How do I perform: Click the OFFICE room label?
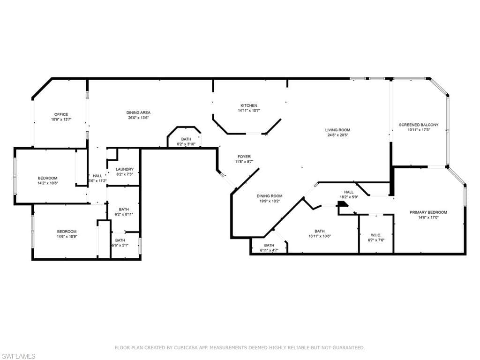(61, 114)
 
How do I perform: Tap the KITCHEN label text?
(249, 105)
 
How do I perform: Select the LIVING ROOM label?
(337, 130)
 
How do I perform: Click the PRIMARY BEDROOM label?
(428, 212)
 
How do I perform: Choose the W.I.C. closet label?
(376, 235)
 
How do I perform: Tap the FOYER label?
(244, 157)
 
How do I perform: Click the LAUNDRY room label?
(125, 169)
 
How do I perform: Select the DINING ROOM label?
(269, 196)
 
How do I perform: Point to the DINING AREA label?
(138, 112)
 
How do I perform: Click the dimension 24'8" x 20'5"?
(337, 135)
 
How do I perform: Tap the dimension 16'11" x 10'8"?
(319, 236)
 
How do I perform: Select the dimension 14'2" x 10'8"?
(47, 183)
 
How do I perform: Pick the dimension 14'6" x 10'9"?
(67, 237)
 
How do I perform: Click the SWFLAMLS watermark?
(18, 356)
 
